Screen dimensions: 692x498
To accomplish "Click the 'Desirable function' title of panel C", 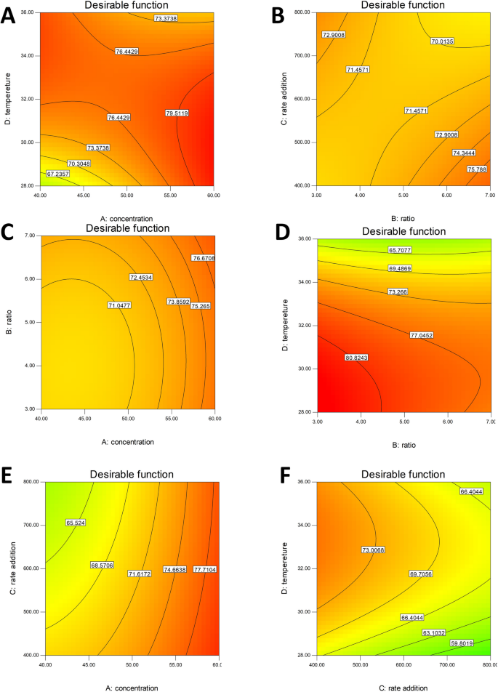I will coord(128,228).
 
